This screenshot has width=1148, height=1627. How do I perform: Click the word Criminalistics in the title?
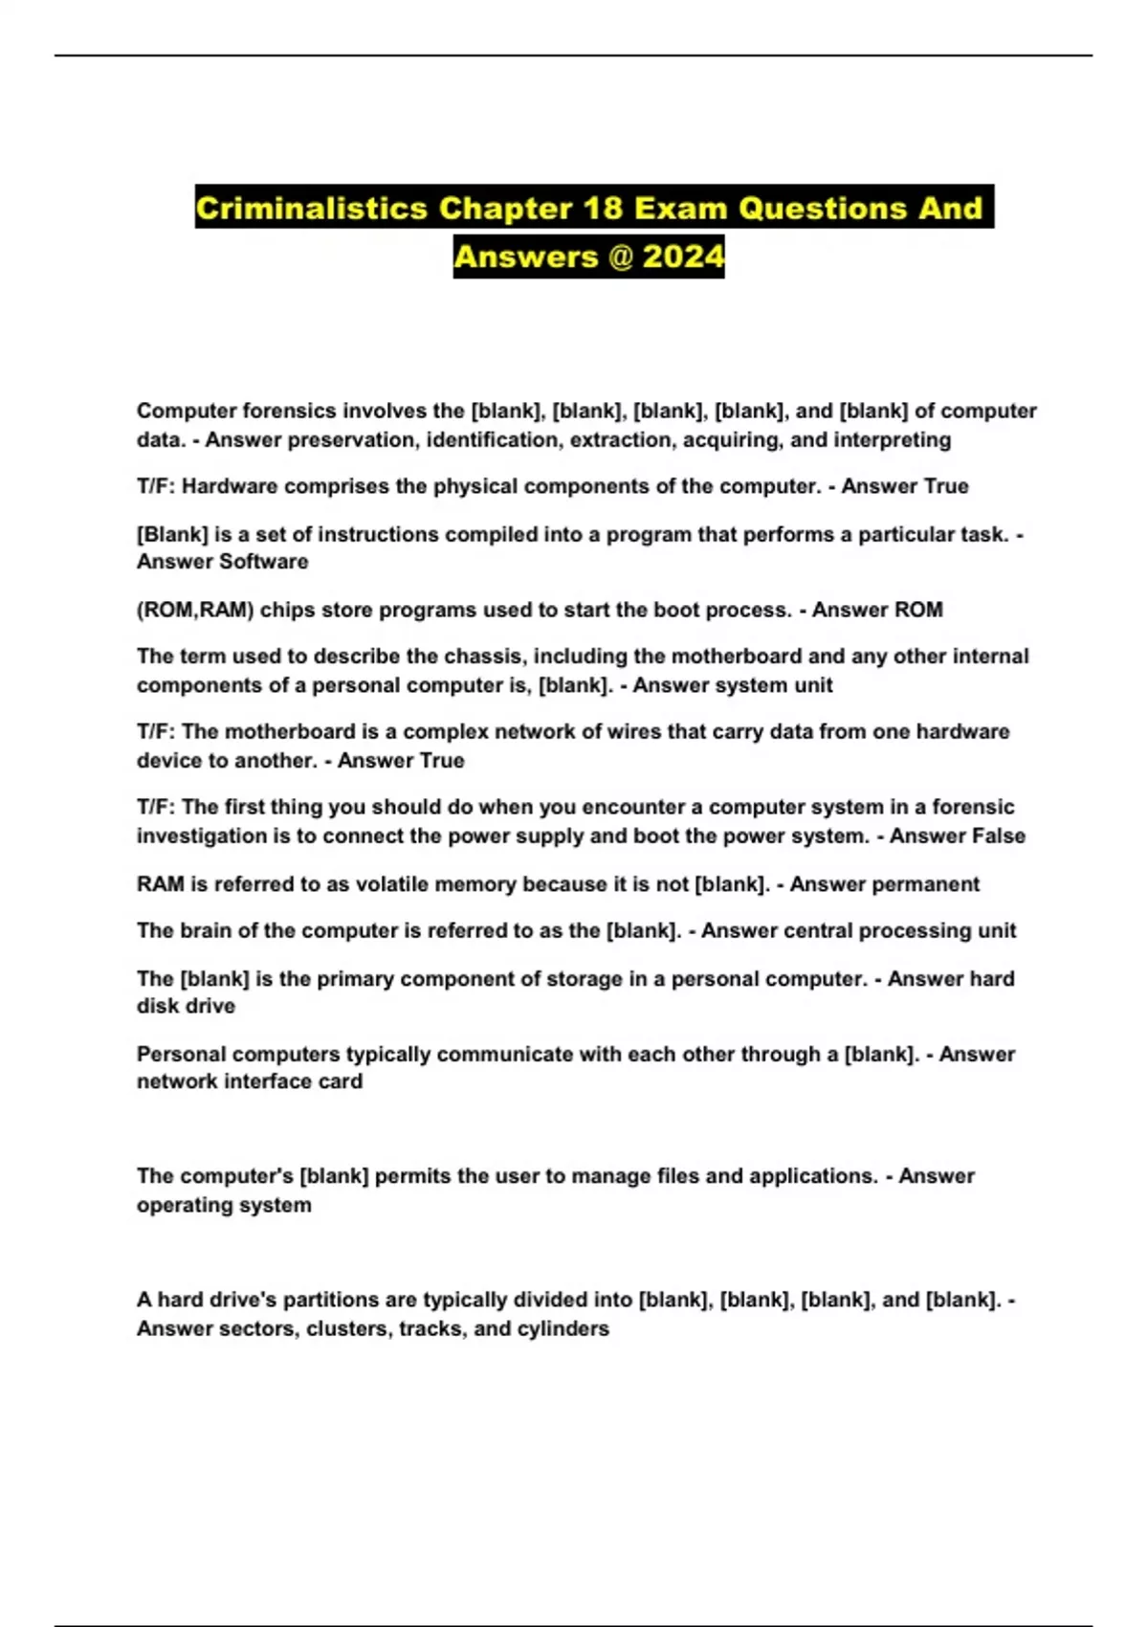pos(311,208)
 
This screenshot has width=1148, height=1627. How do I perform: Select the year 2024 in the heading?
pos(683,256)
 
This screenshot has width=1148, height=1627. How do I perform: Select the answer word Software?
pos(257,562)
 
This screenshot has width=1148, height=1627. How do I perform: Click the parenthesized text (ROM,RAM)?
pos(195,610)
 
